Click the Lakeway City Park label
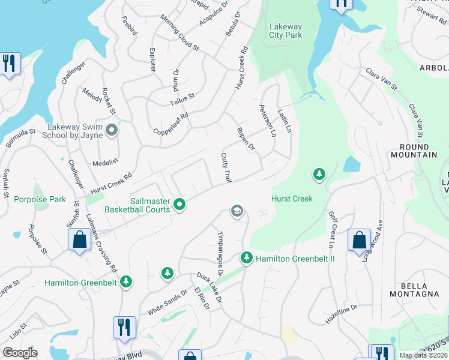tap(286, 31)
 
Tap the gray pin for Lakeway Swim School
tap(112, 130)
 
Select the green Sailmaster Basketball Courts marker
tap(179, 206)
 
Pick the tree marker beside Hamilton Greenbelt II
tap(246, 258)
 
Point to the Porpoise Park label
tap(40, 199)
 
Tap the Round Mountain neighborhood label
tap(414, 151)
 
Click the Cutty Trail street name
tap(226, 167)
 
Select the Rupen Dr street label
tap(246, 139)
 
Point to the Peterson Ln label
tap(267, 120)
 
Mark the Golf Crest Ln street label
tap(331, 229)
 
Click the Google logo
tap(20, 353)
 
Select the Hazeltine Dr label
tap(342, 314)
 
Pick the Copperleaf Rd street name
tap(171, 123)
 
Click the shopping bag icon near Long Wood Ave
tap(359, 240)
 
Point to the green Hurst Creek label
tap(292, 199)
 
